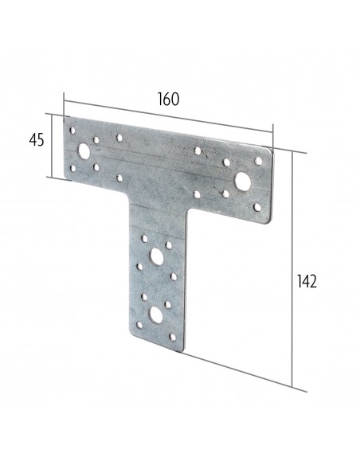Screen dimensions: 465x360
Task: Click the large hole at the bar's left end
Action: point(84,150)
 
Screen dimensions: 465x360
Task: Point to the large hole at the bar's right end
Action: point(244,181)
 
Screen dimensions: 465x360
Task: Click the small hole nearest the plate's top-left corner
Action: point(72,129)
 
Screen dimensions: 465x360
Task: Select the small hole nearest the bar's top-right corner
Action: point(260,165)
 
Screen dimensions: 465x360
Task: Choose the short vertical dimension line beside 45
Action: point(53,144)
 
